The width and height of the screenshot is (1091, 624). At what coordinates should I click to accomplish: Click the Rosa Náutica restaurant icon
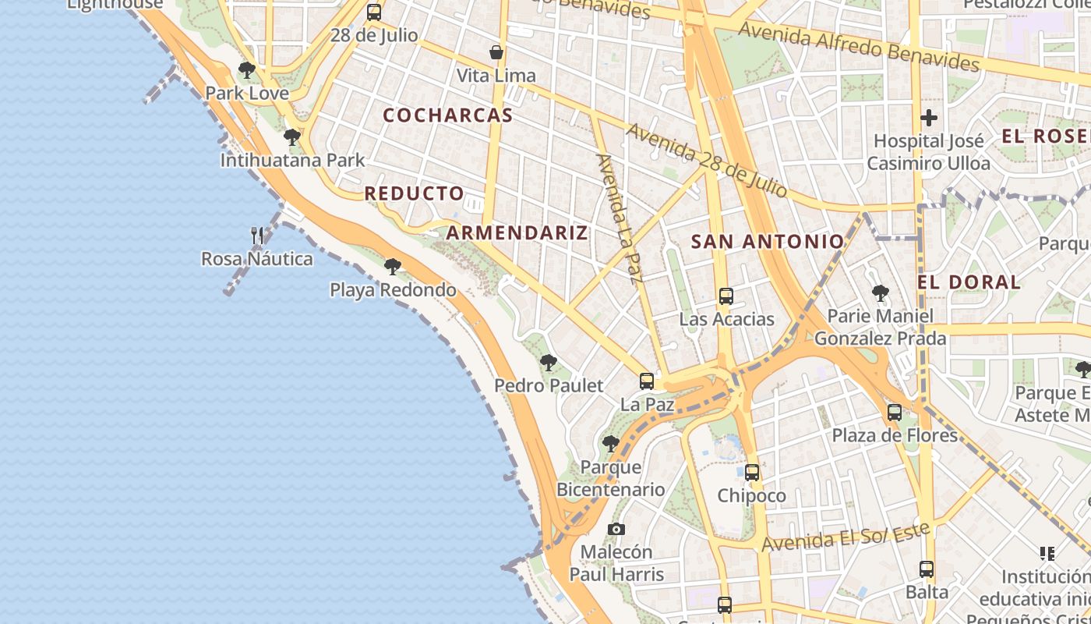(x=257, y=235)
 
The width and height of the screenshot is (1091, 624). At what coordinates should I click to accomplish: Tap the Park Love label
(x=246, y=93)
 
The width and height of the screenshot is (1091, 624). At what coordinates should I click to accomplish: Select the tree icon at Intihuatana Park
(x=292, y=138)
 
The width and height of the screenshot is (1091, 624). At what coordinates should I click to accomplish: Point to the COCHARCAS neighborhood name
(x=447, y=115)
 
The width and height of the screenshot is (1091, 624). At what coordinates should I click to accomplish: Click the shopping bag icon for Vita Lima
(x=496, y=52)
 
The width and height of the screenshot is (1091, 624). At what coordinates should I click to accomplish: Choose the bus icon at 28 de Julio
(x=374, y=12)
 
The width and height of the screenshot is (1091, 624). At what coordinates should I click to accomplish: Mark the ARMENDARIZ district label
(x=517, y=232)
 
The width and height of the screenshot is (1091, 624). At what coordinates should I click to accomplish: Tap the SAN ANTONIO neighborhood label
(x=768, y=242)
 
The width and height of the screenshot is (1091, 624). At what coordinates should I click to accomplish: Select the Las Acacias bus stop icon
(x=726, y=296)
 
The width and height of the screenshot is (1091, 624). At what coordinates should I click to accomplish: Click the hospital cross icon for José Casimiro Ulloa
(x=928, y=119)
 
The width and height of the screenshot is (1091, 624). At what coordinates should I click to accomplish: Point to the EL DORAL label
(x=969, y=282)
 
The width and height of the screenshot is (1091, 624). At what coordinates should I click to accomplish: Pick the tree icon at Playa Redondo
(x=393, y=267)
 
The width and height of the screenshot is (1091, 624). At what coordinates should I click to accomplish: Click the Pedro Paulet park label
(x=549, y=385)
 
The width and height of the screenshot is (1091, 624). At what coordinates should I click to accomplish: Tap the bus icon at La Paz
(x=647, y=381)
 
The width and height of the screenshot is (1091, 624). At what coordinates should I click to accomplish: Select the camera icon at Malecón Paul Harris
(x=616, y=530)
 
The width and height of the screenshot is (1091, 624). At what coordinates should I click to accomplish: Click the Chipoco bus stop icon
(x=751, y=473)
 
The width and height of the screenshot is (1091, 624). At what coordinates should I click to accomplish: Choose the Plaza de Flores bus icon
(x=895, y=412)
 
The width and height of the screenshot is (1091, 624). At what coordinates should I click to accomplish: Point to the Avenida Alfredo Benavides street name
(x=858, y=47)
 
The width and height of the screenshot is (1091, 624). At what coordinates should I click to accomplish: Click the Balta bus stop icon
(x=927, y=569)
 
